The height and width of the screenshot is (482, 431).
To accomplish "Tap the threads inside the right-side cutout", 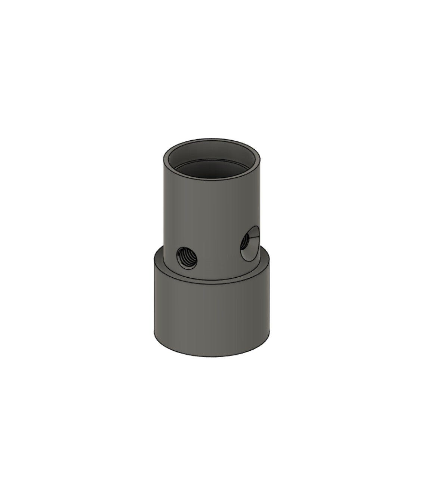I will tap(243, 243).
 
